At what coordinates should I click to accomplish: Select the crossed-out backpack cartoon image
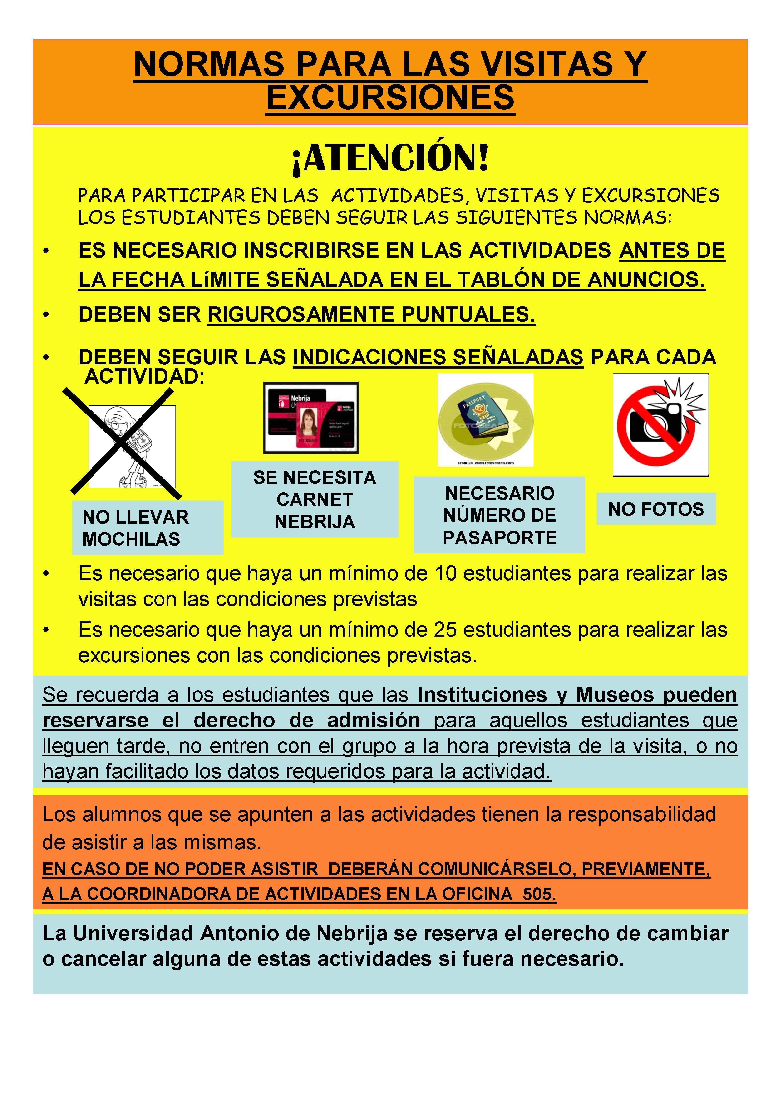(126, 444)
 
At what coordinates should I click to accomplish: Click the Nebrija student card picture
(311, 418)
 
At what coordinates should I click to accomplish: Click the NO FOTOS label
(656, 509)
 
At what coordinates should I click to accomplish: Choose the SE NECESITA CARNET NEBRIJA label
(314, 500)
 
